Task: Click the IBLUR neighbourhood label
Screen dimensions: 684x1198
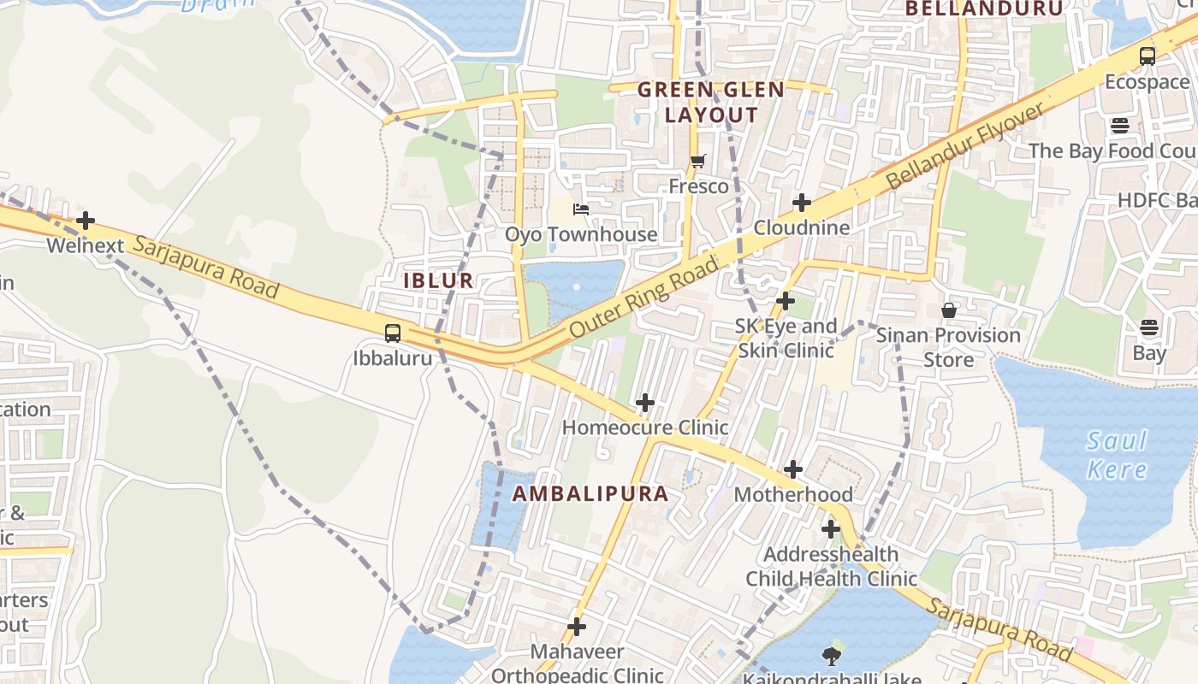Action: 438,280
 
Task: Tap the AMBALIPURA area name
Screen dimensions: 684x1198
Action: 590,493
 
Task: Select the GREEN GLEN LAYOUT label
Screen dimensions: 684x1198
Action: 698,102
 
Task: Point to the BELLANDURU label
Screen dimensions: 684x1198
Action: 983,9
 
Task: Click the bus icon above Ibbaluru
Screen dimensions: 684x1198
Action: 393,333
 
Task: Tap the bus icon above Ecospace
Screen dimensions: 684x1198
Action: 1147,56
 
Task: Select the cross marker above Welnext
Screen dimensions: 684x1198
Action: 86,221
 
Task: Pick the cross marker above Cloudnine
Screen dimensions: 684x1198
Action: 801,203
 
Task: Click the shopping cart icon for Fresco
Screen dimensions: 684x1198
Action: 698,161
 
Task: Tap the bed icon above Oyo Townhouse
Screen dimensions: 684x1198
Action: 581,209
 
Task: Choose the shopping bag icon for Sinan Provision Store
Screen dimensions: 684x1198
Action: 948,310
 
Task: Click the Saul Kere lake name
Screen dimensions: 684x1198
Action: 1117,455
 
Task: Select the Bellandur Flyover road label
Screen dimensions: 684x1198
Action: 965,146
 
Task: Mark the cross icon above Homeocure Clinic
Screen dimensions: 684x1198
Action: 645,402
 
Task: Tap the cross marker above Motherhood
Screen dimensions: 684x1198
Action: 793,469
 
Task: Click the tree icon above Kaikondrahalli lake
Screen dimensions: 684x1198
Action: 830,656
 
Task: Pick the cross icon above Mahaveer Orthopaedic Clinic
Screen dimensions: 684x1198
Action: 577,627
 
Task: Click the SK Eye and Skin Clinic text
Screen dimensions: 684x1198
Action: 786,339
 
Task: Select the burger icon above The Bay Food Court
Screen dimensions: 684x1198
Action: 1120,126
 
